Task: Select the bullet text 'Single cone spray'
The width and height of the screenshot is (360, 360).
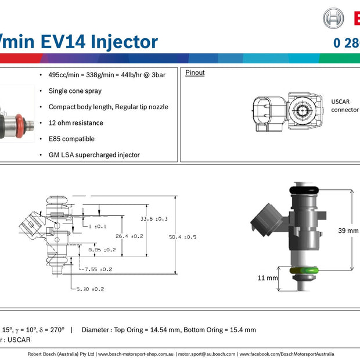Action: point(75,91)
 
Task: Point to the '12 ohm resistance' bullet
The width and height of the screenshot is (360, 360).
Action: point(75,123)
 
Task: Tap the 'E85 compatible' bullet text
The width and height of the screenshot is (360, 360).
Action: point(71,139)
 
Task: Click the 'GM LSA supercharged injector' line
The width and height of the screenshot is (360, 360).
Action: point(94,155)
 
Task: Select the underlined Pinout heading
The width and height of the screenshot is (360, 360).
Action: point(195,73)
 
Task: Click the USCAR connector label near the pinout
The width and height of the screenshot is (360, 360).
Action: point(344,105)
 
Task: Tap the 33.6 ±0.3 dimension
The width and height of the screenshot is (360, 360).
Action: point(154,219)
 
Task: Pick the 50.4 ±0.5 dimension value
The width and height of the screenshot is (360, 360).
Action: point(182,237)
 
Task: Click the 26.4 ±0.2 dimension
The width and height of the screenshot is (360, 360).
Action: point(129,236)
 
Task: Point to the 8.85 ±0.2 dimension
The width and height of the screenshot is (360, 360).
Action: point(102,250)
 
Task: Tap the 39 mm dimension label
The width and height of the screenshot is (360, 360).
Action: point(348,231)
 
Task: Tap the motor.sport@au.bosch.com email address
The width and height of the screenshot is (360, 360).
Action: point(206,354)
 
